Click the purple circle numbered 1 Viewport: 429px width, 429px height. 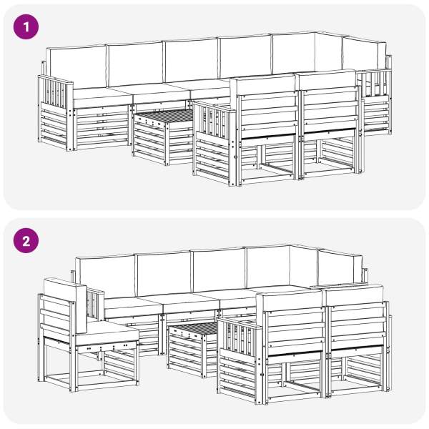pos(26,27)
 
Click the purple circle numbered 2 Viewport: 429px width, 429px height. pos(26,241)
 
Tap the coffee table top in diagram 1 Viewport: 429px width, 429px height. pos(164,114)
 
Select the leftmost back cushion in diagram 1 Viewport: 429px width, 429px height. pos(76,66)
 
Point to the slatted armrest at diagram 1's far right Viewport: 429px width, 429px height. pos(374,84)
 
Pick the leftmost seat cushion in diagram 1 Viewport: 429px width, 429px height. pos(102,97)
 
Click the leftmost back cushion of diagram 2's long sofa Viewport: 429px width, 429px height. pos(106,276)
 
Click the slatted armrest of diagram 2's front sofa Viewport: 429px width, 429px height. pos(238,336)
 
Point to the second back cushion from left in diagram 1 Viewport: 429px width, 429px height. pos(135,64)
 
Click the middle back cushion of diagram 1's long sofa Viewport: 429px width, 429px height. pos(192,60)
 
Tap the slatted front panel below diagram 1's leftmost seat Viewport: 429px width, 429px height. pos(102,127)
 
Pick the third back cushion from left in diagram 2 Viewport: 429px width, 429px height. pos(219,270)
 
